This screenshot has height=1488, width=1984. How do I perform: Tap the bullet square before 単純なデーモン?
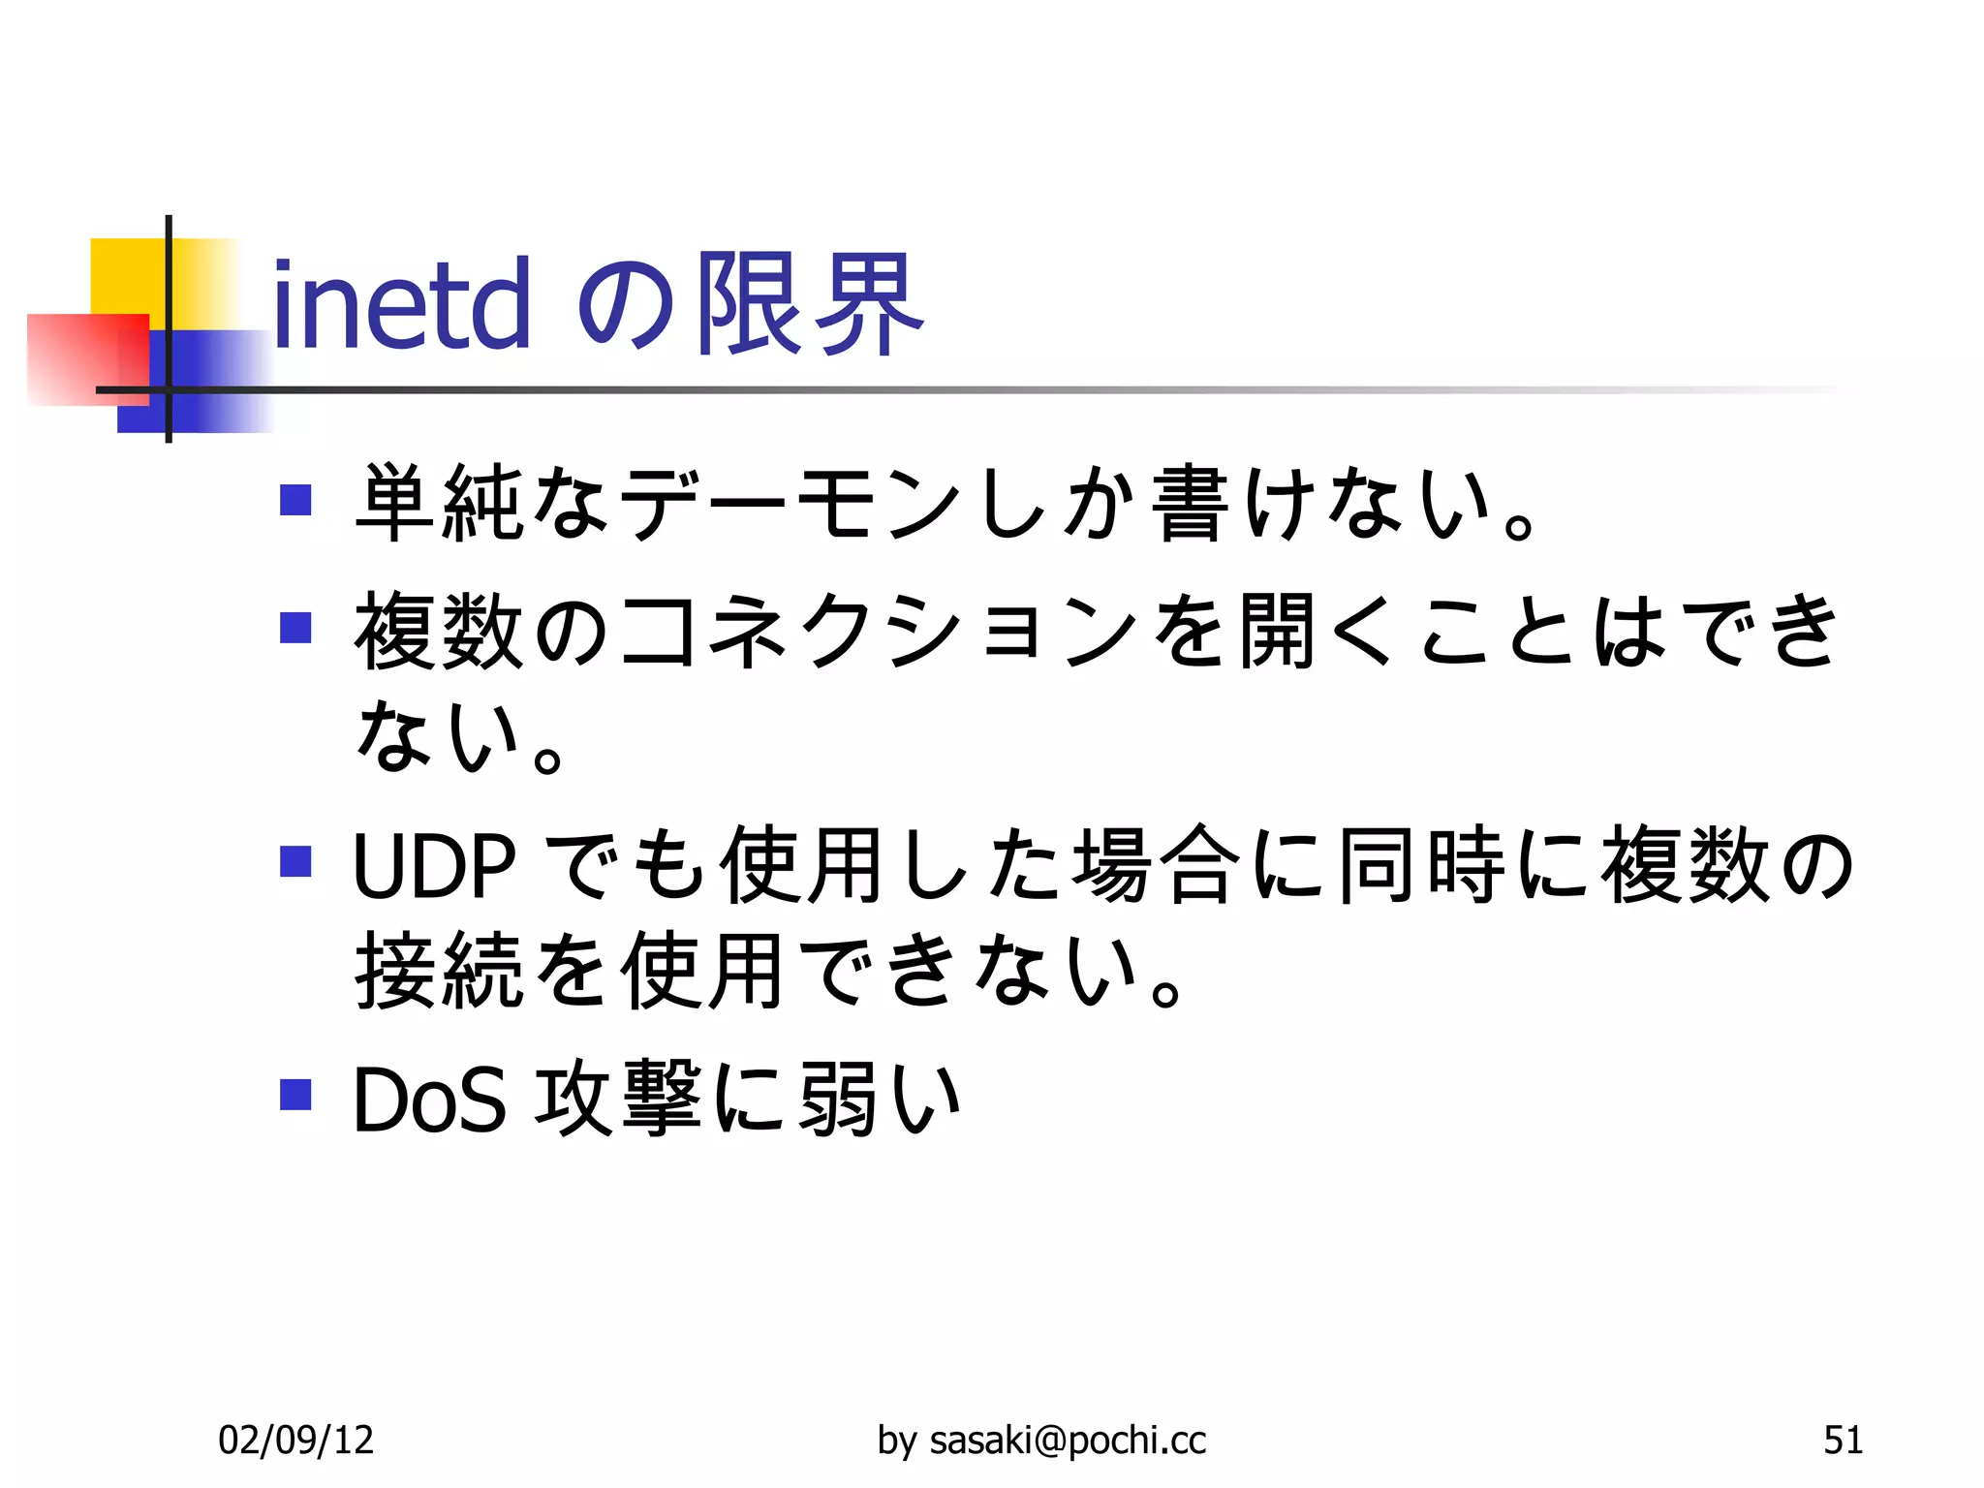[x=294, y=500]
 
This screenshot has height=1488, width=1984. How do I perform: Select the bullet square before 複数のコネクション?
[x=294, y=628]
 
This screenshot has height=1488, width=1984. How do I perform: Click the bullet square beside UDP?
[x=294, y=861]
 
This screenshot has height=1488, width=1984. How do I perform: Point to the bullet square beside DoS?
[x=294, y=1095]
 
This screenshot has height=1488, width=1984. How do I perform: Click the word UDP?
[x=434, y=865]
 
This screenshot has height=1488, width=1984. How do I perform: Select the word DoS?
[x=429, y=1100]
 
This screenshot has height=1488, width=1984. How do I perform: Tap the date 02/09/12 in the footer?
[x=295, y=1441]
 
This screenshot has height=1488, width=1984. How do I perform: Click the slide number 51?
[x=1843, y=1441]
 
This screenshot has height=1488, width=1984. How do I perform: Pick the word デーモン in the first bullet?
[x=790, y=504]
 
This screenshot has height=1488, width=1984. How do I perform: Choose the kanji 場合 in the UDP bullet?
[x=1157, y=864]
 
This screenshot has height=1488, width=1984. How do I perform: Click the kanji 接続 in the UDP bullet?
[x=440, y=970]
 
